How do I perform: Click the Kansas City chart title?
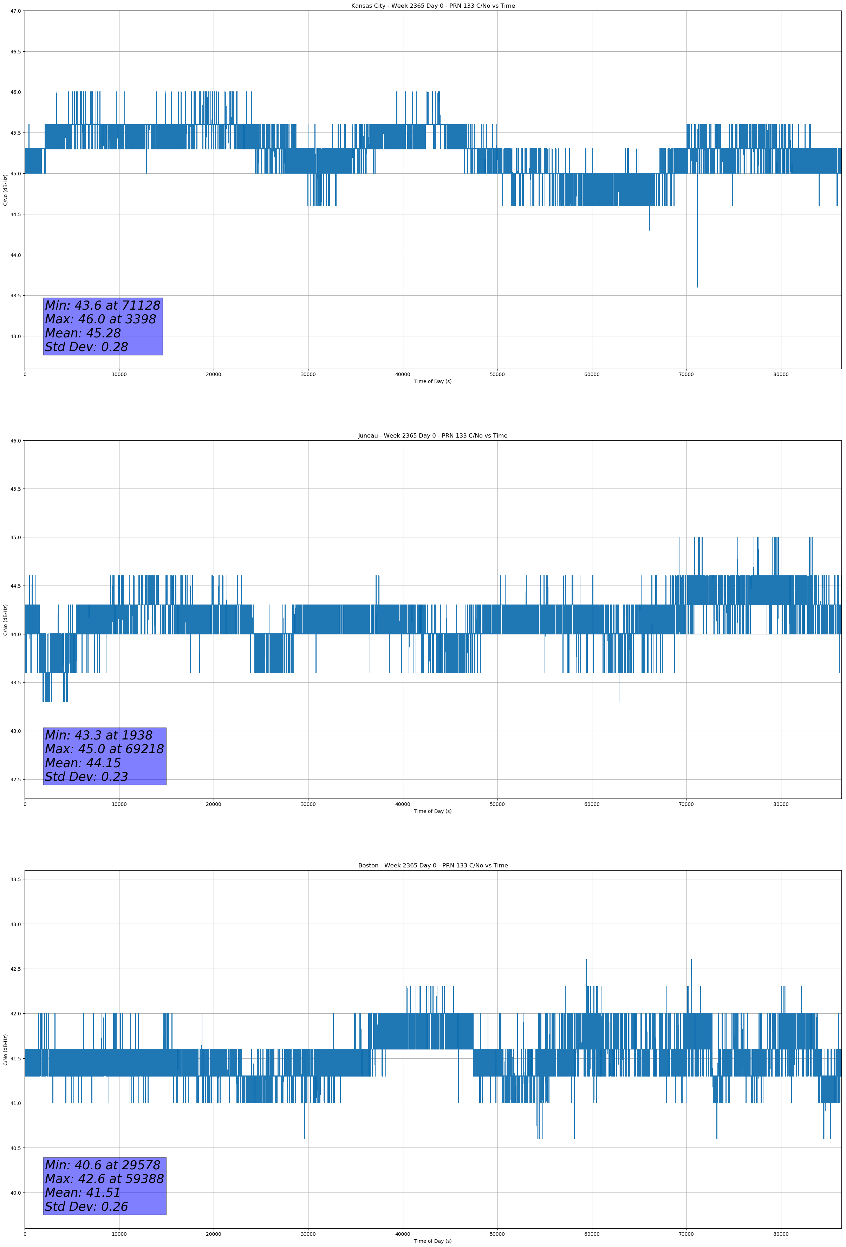tap(432, 6)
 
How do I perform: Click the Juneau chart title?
tap(432, 436)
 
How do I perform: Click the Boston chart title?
tap(432, 866)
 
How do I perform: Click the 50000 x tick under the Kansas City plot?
tap(497, 375)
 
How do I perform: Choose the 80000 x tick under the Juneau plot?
tap(781, 804)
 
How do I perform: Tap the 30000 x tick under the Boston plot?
tap(308, 1234)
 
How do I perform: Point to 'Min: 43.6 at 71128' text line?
tap(103, 305)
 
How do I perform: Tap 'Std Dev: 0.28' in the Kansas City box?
tap(86, 347)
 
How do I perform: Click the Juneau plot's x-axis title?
tap(432, 811)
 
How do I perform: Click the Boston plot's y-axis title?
tap(5, 1049)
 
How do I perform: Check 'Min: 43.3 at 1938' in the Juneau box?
tap(99, 735)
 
